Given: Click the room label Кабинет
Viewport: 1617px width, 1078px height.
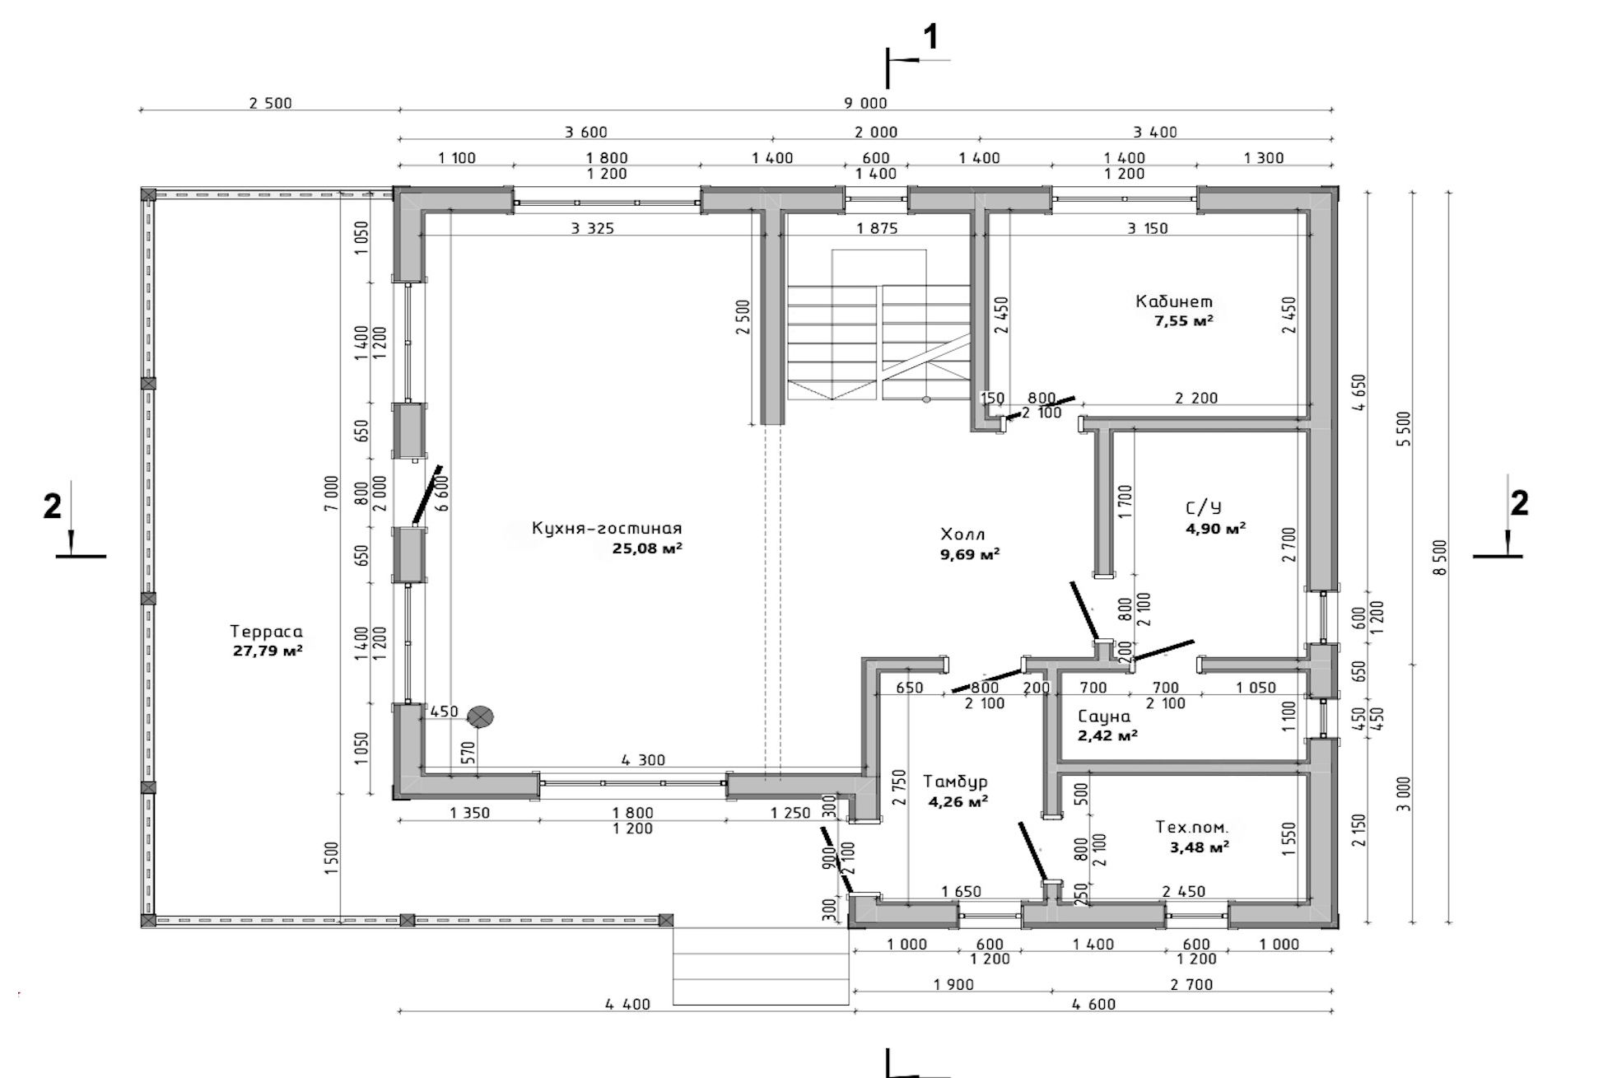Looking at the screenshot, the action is [x=1174, y=301].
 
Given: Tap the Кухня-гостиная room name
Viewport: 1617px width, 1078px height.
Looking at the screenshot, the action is [x=607, y=529].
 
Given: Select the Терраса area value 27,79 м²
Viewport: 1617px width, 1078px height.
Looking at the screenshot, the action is [x=268, y=651].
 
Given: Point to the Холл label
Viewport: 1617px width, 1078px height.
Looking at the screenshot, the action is [x=962, y=534].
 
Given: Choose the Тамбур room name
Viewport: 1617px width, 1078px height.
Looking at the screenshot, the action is [x=955, y=782].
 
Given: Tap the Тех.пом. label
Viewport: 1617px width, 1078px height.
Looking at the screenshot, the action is [x=1191, y=828].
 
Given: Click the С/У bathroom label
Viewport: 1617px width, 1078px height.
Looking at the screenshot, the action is [x=1203, y=508].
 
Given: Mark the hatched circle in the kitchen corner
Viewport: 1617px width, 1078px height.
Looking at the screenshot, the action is [x=480, y=716].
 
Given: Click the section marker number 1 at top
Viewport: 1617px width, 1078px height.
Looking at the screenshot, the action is [x=931, y=37].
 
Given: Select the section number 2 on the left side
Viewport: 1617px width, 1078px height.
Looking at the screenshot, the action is [x=52, y=506].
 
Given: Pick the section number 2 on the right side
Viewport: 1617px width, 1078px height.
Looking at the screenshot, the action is [x=1519, y=503].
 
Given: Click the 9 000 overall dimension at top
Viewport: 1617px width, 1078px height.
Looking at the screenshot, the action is [x=865, y=103].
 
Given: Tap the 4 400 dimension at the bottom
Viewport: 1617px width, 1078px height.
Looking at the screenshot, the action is [x=627, y=1005].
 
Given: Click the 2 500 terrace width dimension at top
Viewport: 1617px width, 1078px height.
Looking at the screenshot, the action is [x=270, y=103].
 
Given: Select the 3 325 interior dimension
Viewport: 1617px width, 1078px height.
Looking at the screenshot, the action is [x=592, y=228].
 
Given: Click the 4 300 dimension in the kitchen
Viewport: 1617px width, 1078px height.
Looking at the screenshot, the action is [x=643, y=760].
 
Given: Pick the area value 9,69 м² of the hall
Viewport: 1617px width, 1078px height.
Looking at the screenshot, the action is [x=970, y=555].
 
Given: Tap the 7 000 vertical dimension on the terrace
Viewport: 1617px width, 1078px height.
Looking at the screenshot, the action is [x=331, y=493].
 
